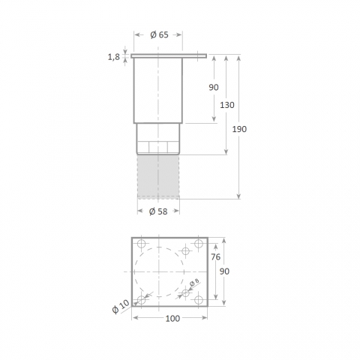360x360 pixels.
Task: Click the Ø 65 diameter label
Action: pyautogui.click(x=158, y=34)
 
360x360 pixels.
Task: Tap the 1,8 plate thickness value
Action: pyautogui.click(x=114, y=57)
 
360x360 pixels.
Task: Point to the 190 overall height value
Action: pyautogui.click(x=239, y=129)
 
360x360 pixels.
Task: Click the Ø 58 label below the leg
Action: pyautogui.click(x=158, y=211)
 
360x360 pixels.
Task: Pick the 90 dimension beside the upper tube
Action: pyautogui.click(x=214, y=88)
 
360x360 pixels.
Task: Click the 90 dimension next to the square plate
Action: pyautogui.click(x=223, y=271)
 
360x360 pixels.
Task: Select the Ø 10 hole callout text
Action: pyautogui.click(x=120, y=307)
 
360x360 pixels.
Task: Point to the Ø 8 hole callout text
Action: pyautogui.click(x=193, y=283)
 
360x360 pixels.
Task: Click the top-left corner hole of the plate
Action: pyautogui.click(x=140, y=243)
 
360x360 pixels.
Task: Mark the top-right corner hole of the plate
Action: pyautogui.click(x=198, y=243)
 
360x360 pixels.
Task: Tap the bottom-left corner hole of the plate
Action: pyautogui.click(x=140, y=300)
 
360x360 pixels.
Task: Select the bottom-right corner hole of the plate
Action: pyautogui.click(x=198, y=300)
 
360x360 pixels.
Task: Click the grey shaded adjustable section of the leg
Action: pyautogui.click(x=158, y=175)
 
